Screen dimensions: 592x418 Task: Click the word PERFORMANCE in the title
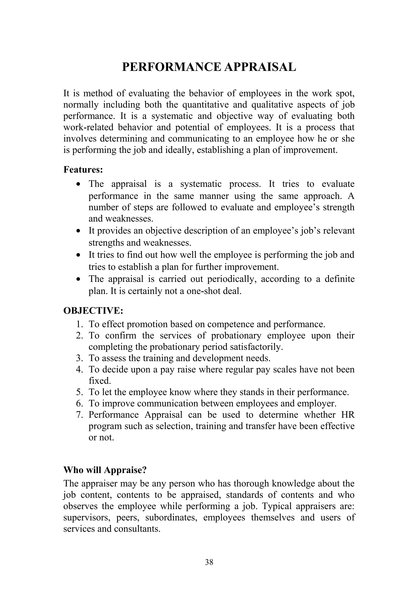pyautogui.click(x=171, y=67)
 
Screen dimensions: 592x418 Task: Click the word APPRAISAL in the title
pyautogui.click(x=260, y=67)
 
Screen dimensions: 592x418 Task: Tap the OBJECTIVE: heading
pyautogui.click(x=93, y=311)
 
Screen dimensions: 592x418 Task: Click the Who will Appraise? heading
pyautogui.click(x=105, y=470)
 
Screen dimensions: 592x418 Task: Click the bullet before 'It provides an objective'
pyautogui.click(x=79, y=231)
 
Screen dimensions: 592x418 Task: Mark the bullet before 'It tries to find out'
pyautogui.click(x=79, y=255)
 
